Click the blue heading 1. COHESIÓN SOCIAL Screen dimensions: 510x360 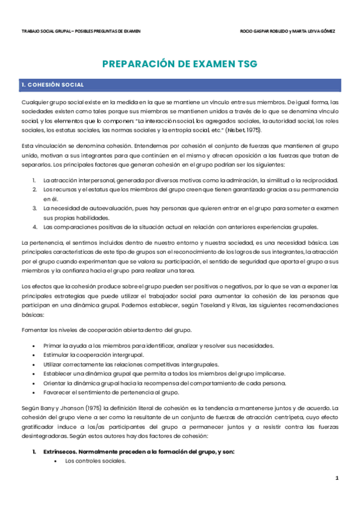coord(52,85)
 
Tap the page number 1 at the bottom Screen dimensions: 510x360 coord(337,478)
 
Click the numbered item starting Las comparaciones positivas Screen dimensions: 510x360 coord(180,227)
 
